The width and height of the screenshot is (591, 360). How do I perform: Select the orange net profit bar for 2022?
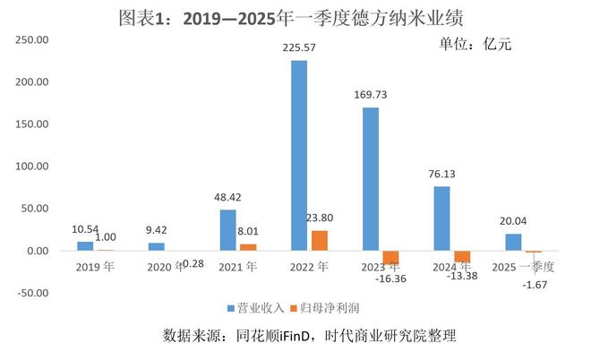click(319, 240)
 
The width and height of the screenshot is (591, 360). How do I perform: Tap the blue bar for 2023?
click(370, 179)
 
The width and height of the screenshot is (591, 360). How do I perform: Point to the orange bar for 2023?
click(390, 258)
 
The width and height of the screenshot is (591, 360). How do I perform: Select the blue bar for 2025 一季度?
click(513, 242)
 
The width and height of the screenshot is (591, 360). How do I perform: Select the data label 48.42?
click(227, 197)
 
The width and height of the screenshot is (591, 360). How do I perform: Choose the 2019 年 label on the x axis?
click(93, 266)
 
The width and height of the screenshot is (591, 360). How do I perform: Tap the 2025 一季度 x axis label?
click(525, 266)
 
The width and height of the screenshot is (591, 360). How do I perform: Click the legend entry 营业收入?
click(259, 307)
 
